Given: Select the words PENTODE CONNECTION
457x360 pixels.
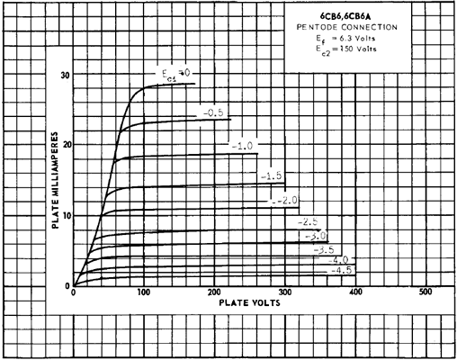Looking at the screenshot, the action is tap(347, 27).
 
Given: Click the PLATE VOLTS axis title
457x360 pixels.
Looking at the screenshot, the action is tap(249, 302).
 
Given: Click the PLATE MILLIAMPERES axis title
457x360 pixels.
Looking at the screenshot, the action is tap(55, 180).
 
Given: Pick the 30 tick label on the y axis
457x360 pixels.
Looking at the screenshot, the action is tap(65, 76).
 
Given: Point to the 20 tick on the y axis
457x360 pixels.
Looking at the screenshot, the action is tap(65, 145).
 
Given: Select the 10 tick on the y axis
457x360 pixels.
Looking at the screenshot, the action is tap(66, 215).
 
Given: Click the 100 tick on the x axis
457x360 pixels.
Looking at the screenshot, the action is tap(144, 292).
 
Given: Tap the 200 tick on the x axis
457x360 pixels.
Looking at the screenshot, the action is tap(214, 292).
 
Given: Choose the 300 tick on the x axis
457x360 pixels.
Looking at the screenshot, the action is tap(285, 292).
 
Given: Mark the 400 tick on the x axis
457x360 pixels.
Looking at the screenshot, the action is tap(355, 292).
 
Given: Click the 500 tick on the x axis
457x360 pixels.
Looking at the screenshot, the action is tap(426, 292).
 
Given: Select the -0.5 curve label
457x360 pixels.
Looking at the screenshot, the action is tap(213, 113).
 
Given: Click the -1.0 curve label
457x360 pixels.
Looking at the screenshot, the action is tap(242, 146).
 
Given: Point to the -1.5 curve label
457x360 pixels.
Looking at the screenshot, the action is tap(272, 176).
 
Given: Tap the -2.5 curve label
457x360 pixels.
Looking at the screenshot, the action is tap(308, 222).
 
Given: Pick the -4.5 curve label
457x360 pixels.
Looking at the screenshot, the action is tap(342, 270).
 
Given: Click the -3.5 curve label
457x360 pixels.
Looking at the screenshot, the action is tap(324, 249).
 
